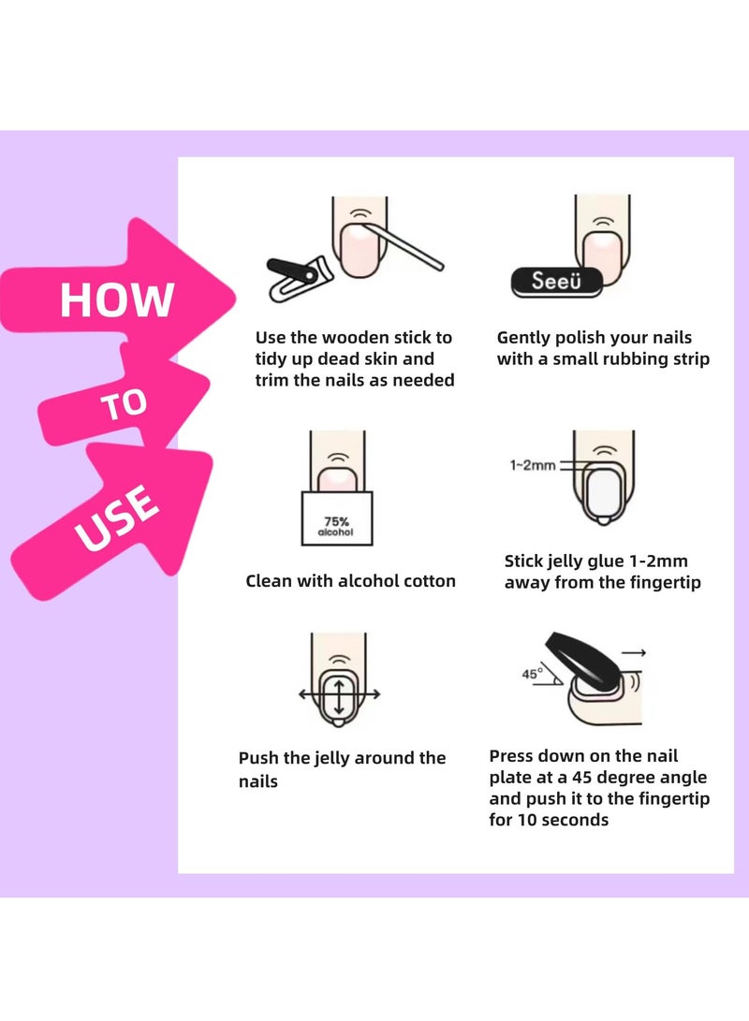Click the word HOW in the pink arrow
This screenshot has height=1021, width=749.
[117, 299]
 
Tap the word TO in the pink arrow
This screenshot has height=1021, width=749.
[125, 403]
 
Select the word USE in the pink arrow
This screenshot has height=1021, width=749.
[116, 518]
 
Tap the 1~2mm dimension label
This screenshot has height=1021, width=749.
[533, 464]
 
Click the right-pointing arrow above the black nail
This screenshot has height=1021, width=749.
[634, 652]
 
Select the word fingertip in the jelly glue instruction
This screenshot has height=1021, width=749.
[661, 583]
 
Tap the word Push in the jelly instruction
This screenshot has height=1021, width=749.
[259, 758]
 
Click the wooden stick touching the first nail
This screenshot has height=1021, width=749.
[410, 248]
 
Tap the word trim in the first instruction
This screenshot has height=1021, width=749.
[274, 380]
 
